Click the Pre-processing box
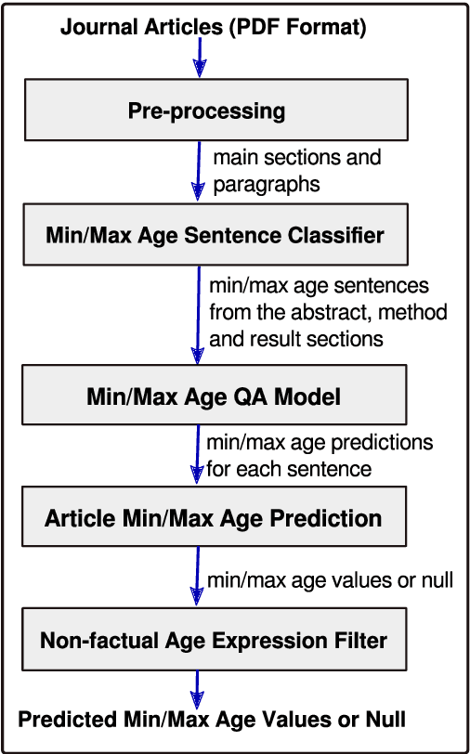[206, 110]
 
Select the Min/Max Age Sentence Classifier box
[214, 235]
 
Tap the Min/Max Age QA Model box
[214, 396]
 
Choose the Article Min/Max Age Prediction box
[214, 517]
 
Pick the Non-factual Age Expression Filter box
[214, 639]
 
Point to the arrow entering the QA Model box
[198, 316]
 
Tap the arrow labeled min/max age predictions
[197, 455]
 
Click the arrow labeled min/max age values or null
[197, 577]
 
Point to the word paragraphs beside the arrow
[267, 185]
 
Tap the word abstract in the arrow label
[351, 312]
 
